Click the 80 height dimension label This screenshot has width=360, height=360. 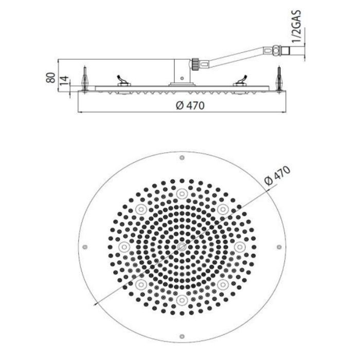click(x=50, y=77)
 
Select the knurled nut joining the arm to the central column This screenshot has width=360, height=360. click(x=195, y=65)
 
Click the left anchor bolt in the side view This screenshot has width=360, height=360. click(x=84, y=77)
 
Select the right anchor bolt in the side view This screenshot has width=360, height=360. click(x=280, y=77)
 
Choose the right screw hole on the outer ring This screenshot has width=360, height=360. click(x=278, y=246)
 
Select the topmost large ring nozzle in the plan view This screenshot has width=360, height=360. click(x=181, y=193)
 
